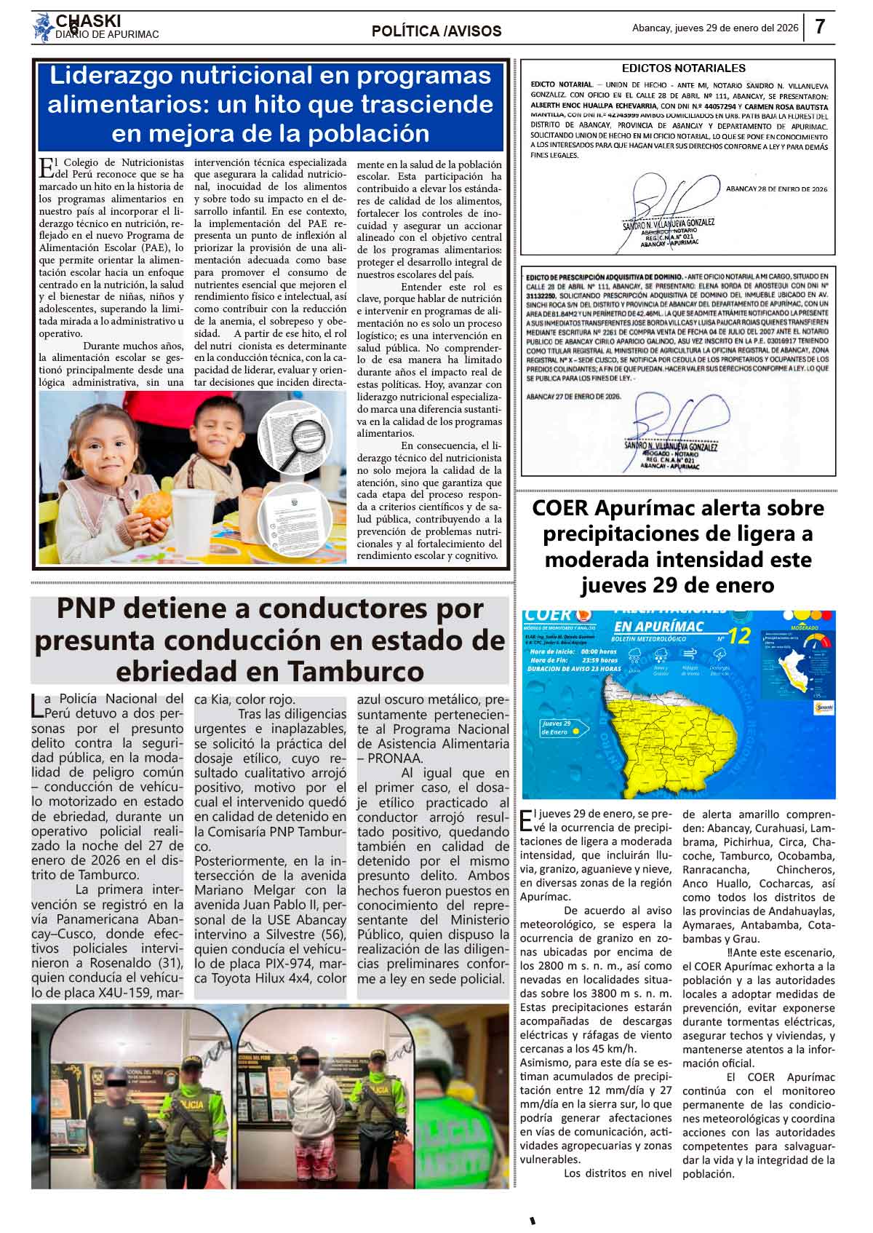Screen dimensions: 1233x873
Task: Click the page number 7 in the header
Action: point(819,28)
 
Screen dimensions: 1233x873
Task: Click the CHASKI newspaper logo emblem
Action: point(43,28)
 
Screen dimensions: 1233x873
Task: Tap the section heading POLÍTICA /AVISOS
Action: point(436,31)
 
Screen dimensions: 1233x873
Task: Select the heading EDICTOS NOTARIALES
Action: point(684,68)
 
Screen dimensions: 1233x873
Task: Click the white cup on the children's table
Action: point(193,515)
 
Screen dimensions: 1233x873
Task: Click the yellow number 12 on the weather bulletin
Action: point(738,636)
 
